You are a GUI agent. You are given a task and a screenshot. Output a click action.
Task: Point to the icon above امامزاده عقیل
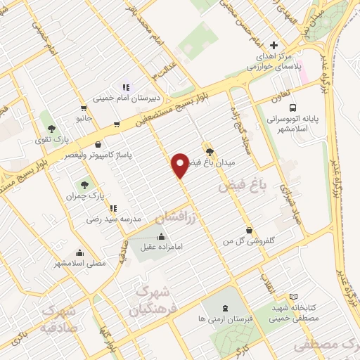click(x=163, y=236)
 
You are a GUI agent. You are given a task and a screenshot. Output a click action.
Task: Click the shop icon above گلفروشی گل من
click(x=250, y=230)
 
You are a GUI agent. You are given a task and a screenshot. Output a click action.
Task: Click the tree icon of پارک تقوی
click(x=51, y=129)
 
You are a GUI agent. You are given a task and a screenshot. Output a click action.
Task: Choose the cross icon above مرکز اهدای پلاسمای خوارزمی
click(x=274, y=46)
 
